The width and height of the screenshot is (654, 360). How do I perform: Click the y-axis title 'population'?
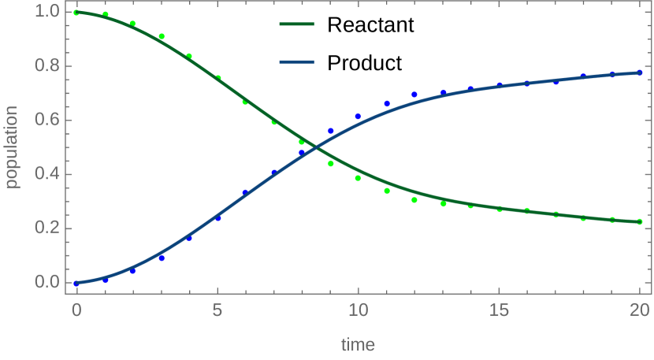coord(12,147)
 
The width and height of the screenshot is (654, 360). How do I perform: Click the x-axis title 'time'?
coord(358,344)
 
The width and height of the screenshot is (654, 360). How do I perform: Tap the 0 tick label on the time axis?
coord(76,308)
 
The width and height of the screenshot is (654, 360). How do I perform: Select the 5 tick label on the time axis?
coord(217,308)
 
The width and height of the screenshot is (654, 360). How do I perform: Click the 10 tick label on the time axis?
coord(358,308)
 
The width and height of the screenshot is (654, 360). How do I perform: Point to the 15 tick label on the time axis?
coord(499,308)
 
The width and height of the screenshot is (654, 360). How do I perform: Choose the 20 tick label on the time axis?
coord(639,308)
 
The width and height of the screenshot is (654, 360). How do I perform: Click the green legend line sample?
coord(297,24)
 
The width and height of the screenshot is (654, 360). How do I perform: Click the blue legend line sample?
coord(297,61)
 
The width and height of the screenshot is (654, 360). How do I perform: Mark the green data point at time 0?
coord(76,13)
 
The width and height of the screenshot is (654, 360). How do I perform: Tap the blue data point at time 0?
coord(76,283)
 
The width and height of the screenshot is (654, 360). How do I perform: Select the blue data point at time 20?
coord(640,72)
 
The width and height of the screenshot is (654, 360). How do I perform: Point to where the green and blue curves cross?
coord(315,147)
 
